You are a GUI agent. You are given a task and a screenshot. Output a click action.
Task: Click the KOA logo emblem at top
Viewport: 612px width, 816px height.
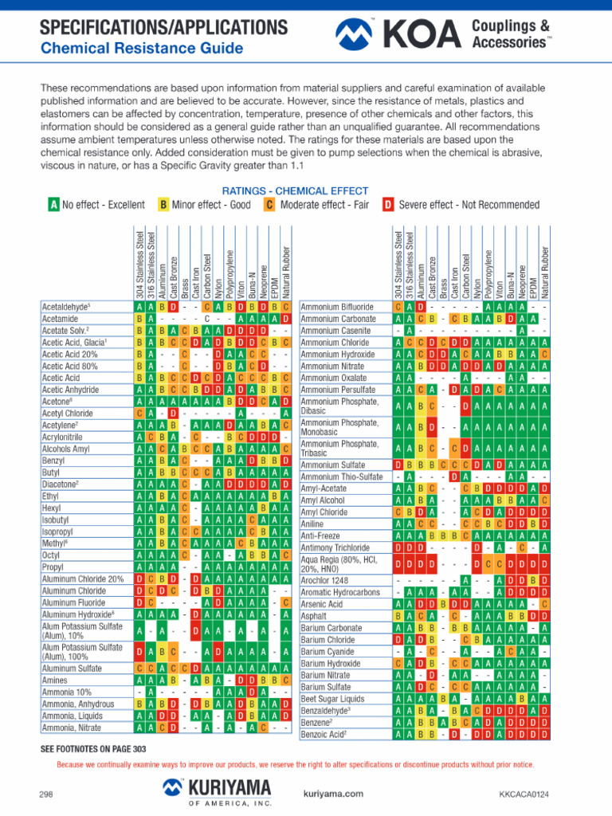coord(354,33)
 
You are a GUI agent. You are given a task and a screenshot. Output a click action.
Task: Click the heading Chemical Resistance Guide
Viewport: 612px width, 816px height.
coord(142,49)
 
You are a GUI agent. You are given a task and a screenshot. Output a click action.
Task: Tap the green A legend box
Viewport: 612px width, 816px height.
coord(54,205)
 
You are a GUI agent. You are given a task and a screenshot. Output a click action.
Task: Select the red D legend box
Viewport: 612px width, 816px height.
coord(388,205)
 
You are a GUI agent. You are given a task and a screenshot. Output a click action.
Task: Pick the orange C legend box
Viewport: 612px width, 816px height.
coord(269,205)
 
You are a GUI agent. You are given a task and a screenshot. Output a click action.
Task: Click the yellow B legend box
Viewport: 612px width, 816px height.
coord(163,205)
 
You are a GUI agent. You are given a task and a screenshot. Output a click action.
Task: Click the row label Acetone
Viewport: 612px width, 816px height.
coord(57,402)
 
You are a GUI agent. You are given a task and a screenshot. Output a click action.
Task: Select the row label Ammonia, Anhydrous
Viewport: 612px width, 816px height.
coord(78,704)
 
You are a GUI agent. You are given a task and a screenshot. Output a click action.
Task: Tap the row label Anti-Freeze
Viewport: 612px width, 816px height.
coord(320,536)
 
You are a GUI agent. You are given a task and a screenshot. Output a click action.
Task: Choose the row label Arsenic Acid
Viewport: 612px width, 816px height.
coord(322,604)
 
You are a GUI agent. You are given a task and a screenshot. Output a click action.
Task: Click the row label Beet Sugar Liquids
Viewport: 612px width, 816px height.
coord(332,699)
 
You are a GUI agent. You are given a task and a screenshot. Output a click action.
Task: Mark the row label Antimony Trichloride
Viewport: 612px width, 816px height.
coord(335,548)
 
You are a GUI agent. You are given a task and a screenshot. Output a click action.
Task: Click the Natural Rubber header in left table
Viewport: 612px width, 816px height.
coord(286,273)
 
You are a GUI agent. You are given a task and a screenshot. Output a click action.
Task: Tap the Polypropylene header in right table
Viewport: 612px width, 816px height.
coord(488,274)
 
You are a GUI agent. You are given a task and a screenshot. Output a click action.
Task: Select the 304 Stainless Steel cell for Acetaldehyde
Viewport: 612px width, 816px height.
coord(139,307)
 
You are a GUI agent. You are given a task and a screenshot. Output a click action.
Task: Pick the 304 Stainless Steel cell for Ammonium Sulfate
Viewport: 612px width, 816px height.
coord(398,465)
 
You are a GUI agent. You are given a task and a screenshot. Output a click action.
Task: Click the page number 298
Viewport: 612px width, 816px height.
coord(45,794)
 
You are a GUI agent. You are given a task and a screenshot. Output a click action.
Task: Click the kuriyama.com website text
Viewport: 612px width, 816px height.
coord(333,794)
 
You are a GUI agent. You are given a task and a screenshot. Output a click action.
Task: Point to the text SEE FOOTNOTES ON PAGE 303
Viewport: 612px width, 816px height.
coord(93,749)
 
